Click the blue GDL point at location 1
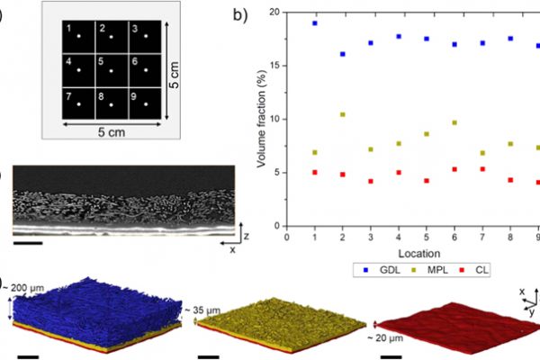tap(315, 22)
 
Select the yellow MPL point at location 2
tap(343, 114)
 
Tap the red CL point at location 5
tap(427, 180)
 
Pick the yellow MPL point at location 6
tap(454, 122)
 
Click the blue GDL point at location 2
tap(343, 54)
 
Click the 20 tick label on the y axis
tap(274, 12)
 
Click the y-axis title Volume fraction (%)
tap(257, 117)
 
